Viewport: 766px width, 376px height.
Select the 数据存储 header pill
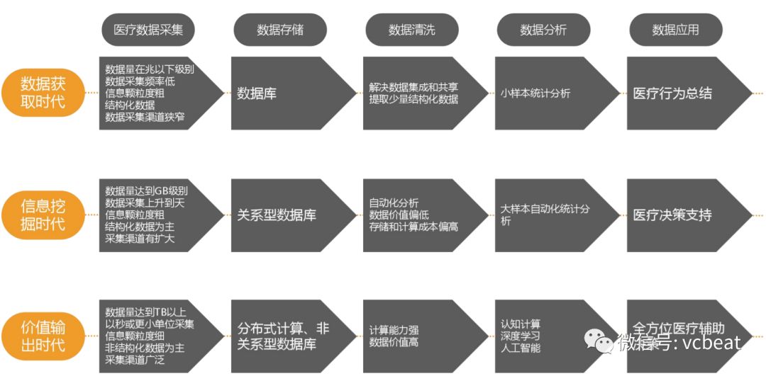tap(280, 30)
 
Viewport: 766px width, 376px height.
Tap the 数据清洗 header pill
tap(411, 30)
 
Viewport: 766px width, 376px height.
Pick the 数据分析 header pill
tap(543, 30)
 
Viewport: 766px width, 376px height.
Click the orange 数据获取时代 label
tap(43, 92)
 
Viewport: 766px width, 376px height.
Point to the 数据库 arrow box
tap(284, 93)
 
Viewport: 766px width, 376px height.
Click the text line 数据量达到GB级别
tap(146, 191)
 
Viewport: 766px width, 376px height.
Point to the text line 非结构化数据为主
tap(145, 348)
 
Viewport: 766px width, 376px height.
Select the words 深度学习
tap(520, 336)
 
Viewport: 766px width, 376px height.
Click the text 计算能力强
tap(394, 331)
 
